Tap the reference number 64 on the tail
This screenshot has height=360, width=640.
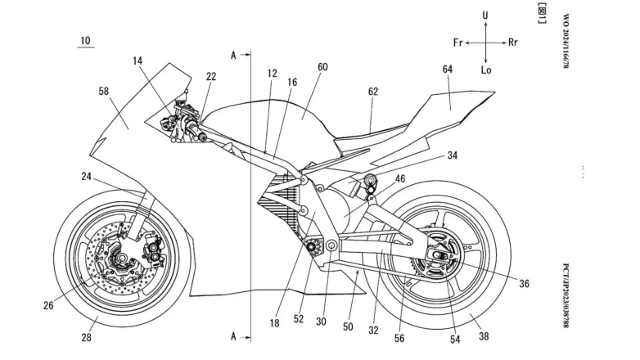pyautogui.click(x=447, y=70)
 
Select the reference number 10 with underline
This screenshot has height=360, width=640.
pyautogui.click(x=86, y=40)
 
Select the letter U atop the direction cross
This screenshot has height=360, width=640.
pyautogui.click(x=486, y=16)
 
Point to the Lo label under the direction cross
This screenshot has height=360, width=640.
pyautogui.click(x=486, y=70)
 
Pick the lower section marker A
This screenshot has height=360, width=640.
pyautogui.click(x=234, y=335)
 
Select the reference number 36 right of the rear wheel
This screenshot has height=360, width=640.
pyautogui.click(x=523, y=283)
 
